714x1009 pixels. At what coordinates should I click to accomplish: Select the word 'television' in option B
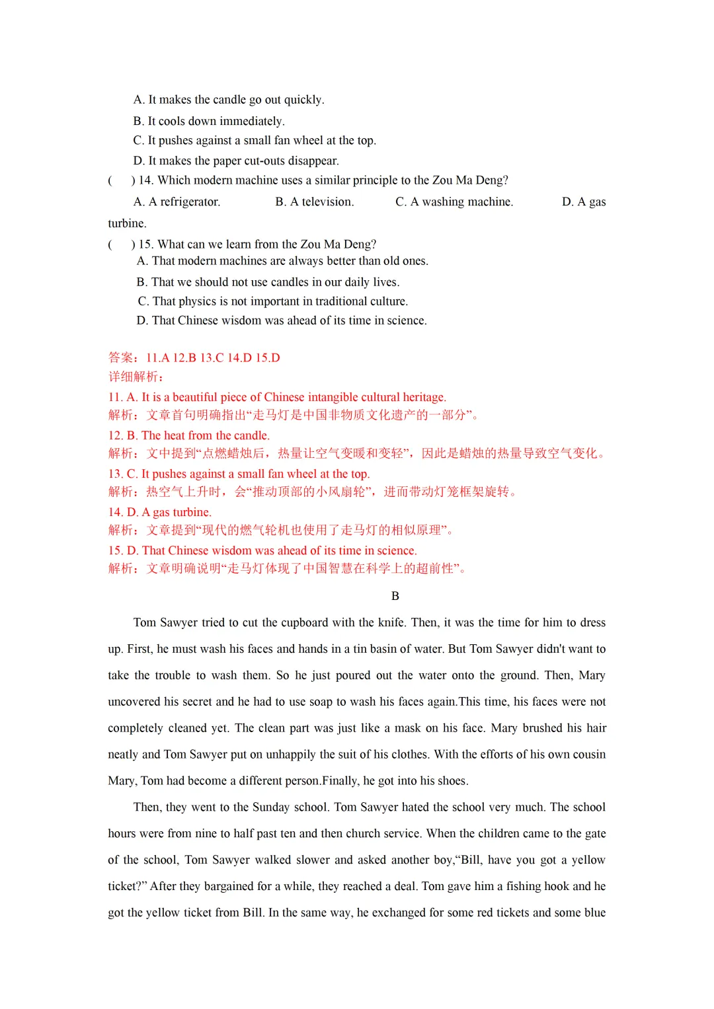327,202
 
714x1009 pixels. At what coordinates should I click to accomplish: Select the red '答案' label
121,357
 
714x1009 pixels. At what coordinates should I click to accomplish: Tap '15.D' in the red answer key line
268,357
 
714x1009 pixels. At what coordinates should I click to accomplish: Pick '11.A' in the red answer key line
158,357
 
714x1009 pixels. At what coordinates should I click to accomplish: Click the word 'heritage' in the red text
423,397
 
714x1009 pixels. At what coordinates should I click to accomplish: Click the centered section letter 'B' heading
395,596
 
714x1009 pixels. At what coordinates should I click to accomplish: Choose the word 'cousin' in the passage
588,755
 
